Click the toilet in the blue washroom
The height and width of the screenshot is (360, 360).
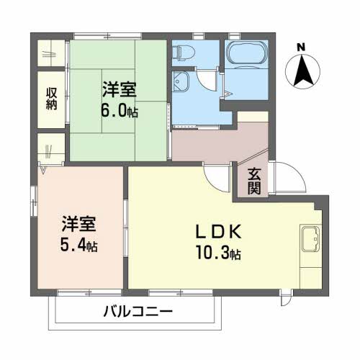click(184, 53)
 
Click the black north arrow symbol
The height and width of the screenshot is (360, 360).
click(302, 70)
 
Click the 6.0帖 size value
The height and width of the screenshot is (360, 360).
click(120, 112)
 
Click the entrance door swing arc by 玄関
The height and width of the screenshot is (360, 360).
click(282, 176)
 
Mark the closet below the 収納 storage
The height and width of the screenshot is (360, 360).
click(50, 150)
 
